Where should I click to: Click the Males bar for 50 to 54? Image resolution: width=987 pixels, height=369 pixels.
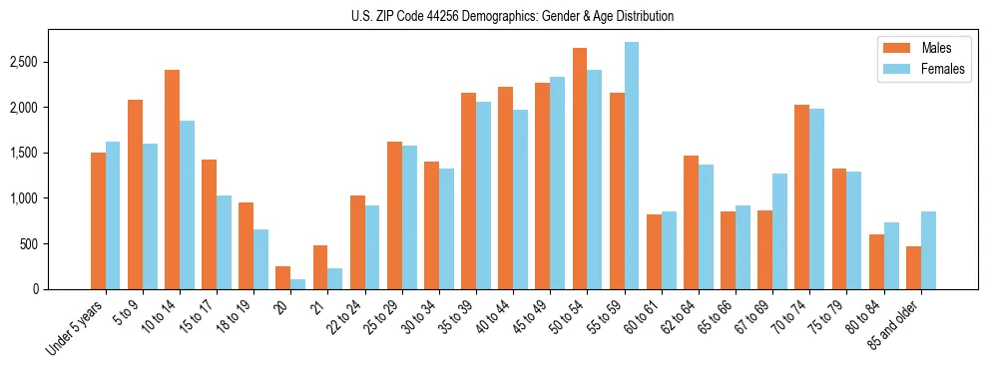pyautogui.click(x=580, y=169)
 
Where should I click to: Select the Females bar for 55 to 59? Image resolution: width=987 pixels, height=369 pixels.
pyautogui.click(x=632, y=166)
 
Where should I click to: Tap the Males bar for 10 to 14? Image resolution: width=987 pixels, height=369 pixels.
pyautogui.click(x=172, y=180)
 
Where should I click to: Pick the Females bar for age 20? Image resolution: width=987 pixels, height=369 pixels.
pyautogui.click(x=298, y=284)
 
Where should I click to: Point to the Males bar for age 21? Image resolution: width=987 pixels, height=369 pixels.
pyautogui.click(x=320, y=267)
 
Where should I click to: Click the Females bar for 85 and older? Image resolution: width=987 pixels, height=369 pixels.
pyautogui.click(x=928, y=250)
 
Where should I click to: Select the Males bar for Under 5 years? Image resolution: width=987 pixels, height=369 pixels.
pyautogui.click(x=98, y=220)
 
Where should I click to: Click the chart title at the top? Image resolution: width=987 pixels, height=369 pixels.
pyautogui.click(x=512, y=16)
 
